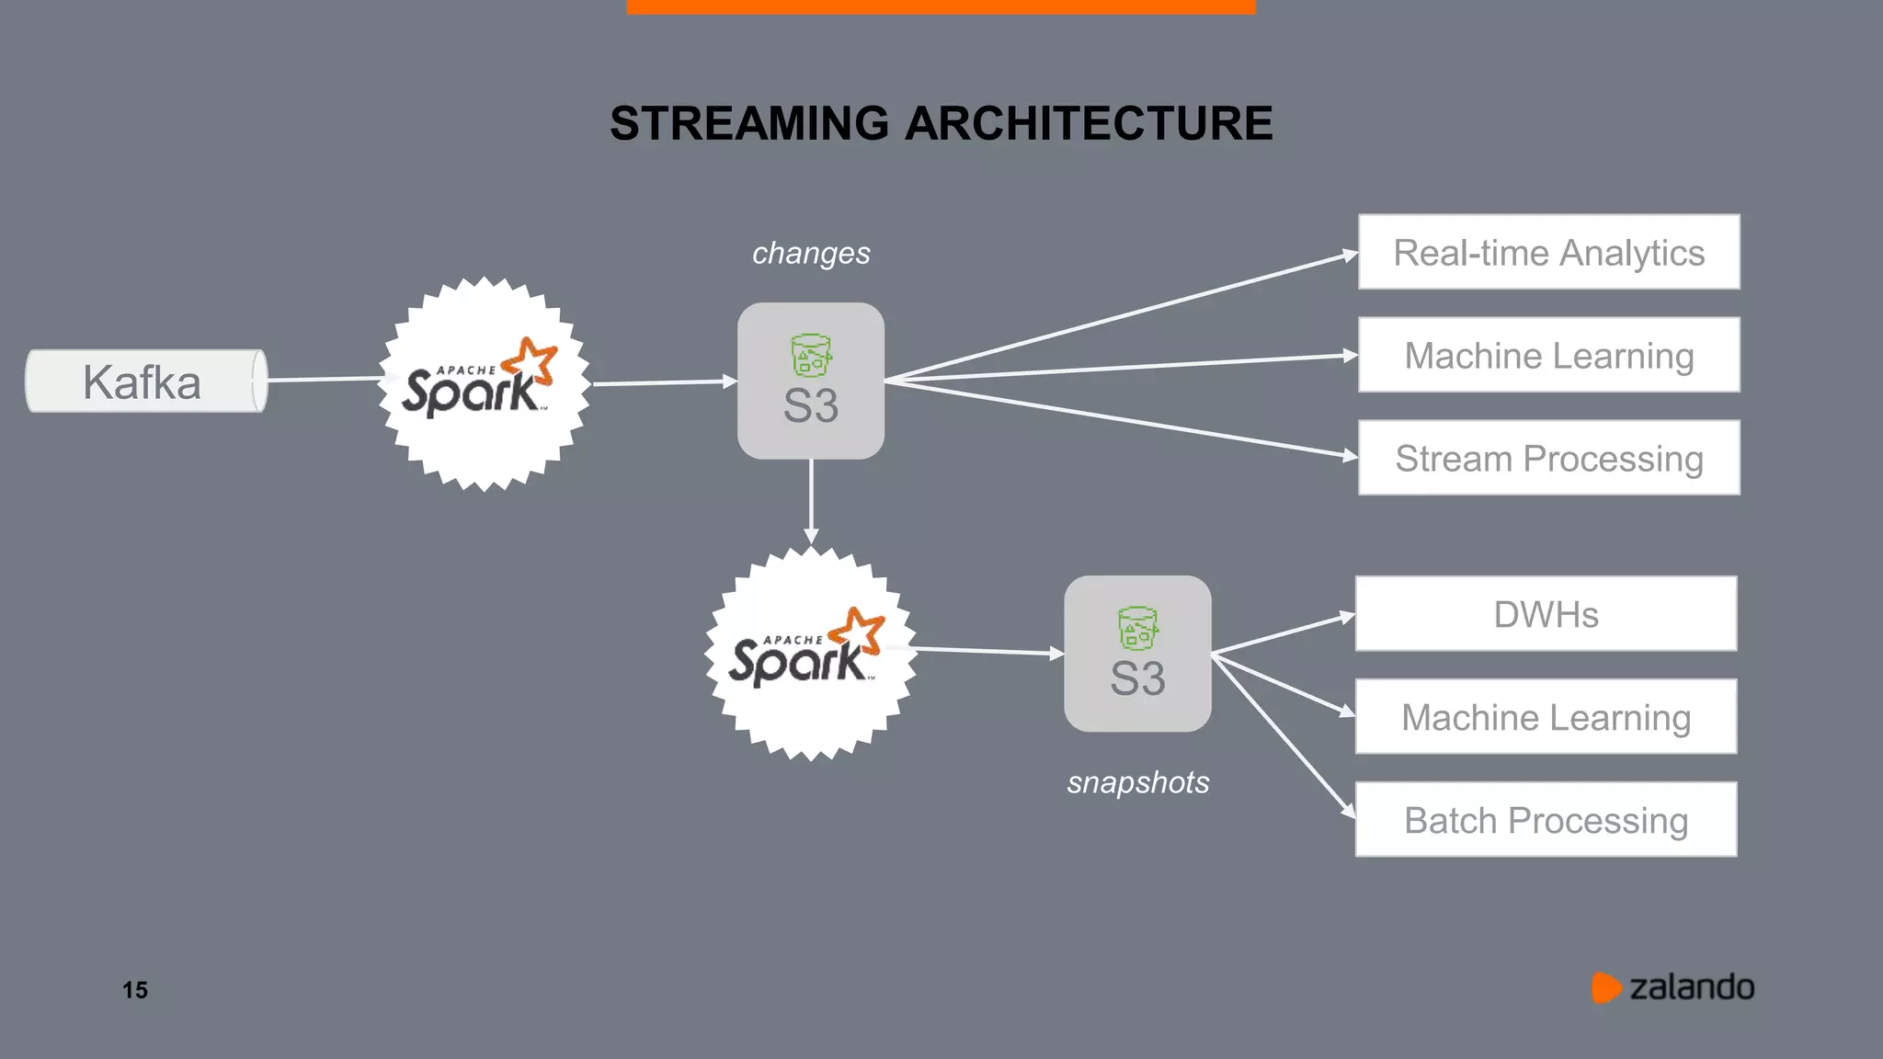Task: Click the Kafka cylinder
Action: click(x=145, y=381)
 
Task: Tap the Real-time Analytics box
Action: click(x=1548, y=252)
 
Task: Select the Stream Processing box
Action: click(x=1548, y=458)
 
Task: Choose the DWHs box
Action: click(x=1546, y=614)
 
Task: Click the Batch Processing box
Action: click(x=1546, y=819)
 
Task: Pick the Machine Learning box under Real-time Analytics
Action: click(x=1548, y=355)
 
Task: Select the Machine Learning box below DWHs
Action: click(x=1546, y=717)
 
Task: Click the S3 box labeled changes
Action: click(x=811, y=381)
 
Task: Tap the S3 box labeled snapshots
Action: click(x=1137, y=654)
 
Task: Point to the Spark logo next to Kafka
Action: click(x=483, y=383)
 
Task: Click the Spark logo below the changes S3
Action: click(x=810, y=654)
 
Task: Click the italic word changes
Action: click(x=811, y=253)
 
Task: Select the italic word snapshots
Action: click(x=1137, y=782)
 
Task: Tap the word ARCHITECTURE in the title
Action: click(x=1089, y=123)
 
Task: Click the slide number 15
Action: click(x=135, y=990)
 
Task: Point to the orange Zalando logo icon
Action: click(x=1605, y=987)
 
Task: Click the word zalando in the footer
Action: click(x=1692, y=987)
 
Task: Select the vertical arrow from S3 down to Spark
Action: click(x=811, y=501)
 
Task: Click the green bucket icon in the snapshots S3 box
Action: click(x=1137, y=629)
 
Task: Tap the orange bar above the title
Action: click(x=941, y=6)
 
